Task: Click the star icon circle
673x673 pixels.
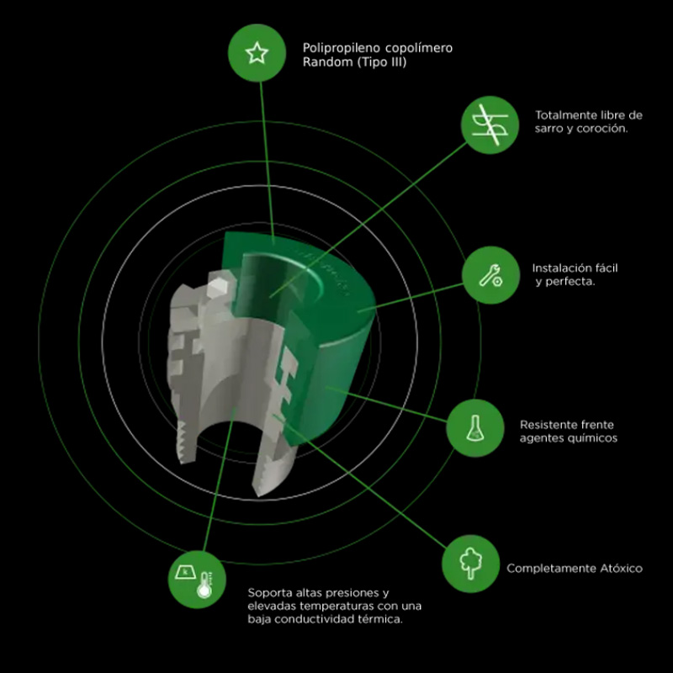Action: point(257,53)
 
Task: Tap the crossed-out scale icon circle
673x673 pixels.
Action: point(490,125)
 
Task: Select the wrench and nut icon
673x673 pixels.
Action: point(490,275)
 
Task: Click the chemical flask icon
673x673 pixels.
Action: point(474,427)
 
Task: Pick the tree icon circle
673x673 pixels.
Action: point(470,564)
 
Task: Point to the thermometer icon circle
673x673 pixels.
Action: point(197,580)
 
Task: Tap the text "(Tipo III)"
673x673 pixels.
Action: point(382,62)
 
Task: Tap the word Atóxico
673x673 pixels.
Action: point(621,569)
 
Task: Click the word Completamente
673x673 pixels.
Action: point(551,569)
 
